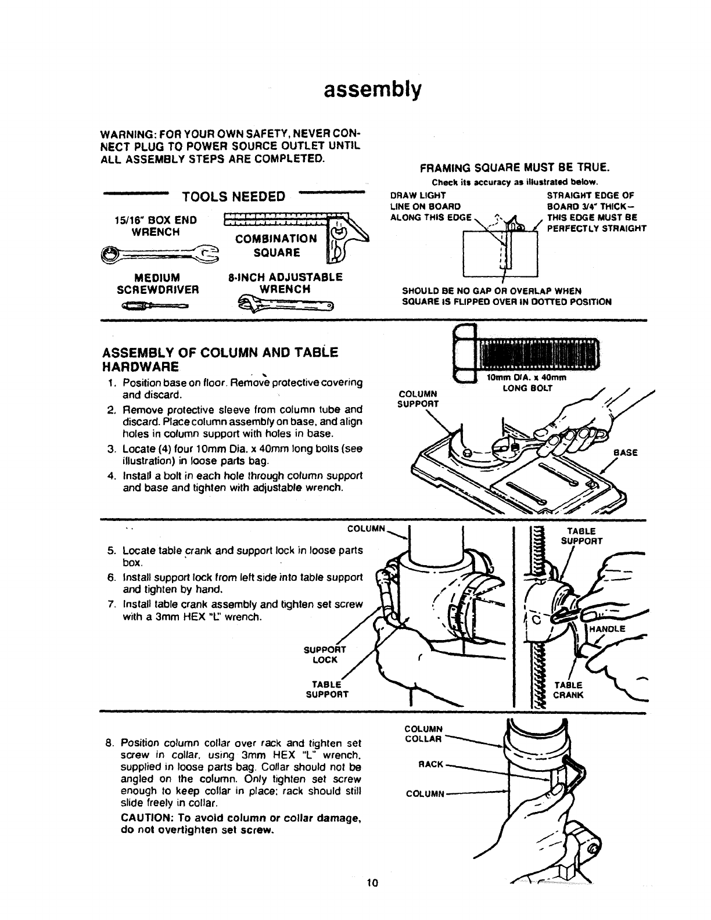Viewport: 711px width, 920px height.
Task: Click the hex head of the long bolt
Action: coord(464,355)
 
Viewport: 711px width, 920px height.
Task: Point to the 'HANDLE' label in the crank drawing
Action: coord(607,628)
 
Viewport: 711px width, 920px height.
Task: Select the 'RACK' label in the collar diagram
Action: coord(431,764)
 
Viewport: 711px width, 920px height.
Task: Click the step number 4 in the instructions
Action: coord(110,476)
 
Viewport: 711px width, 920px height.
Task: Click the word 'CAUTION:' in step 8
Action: coord(148,818)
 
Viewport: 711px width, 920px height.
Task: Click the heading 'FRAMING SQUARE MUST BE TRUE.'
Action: coord(514,168)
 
